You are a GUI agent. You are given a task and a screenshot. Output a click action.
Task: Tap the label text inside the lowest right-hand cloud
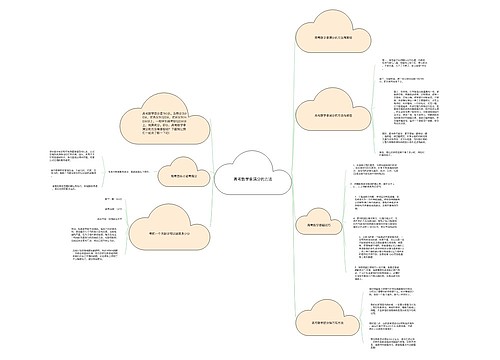[x=325, y=322]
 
